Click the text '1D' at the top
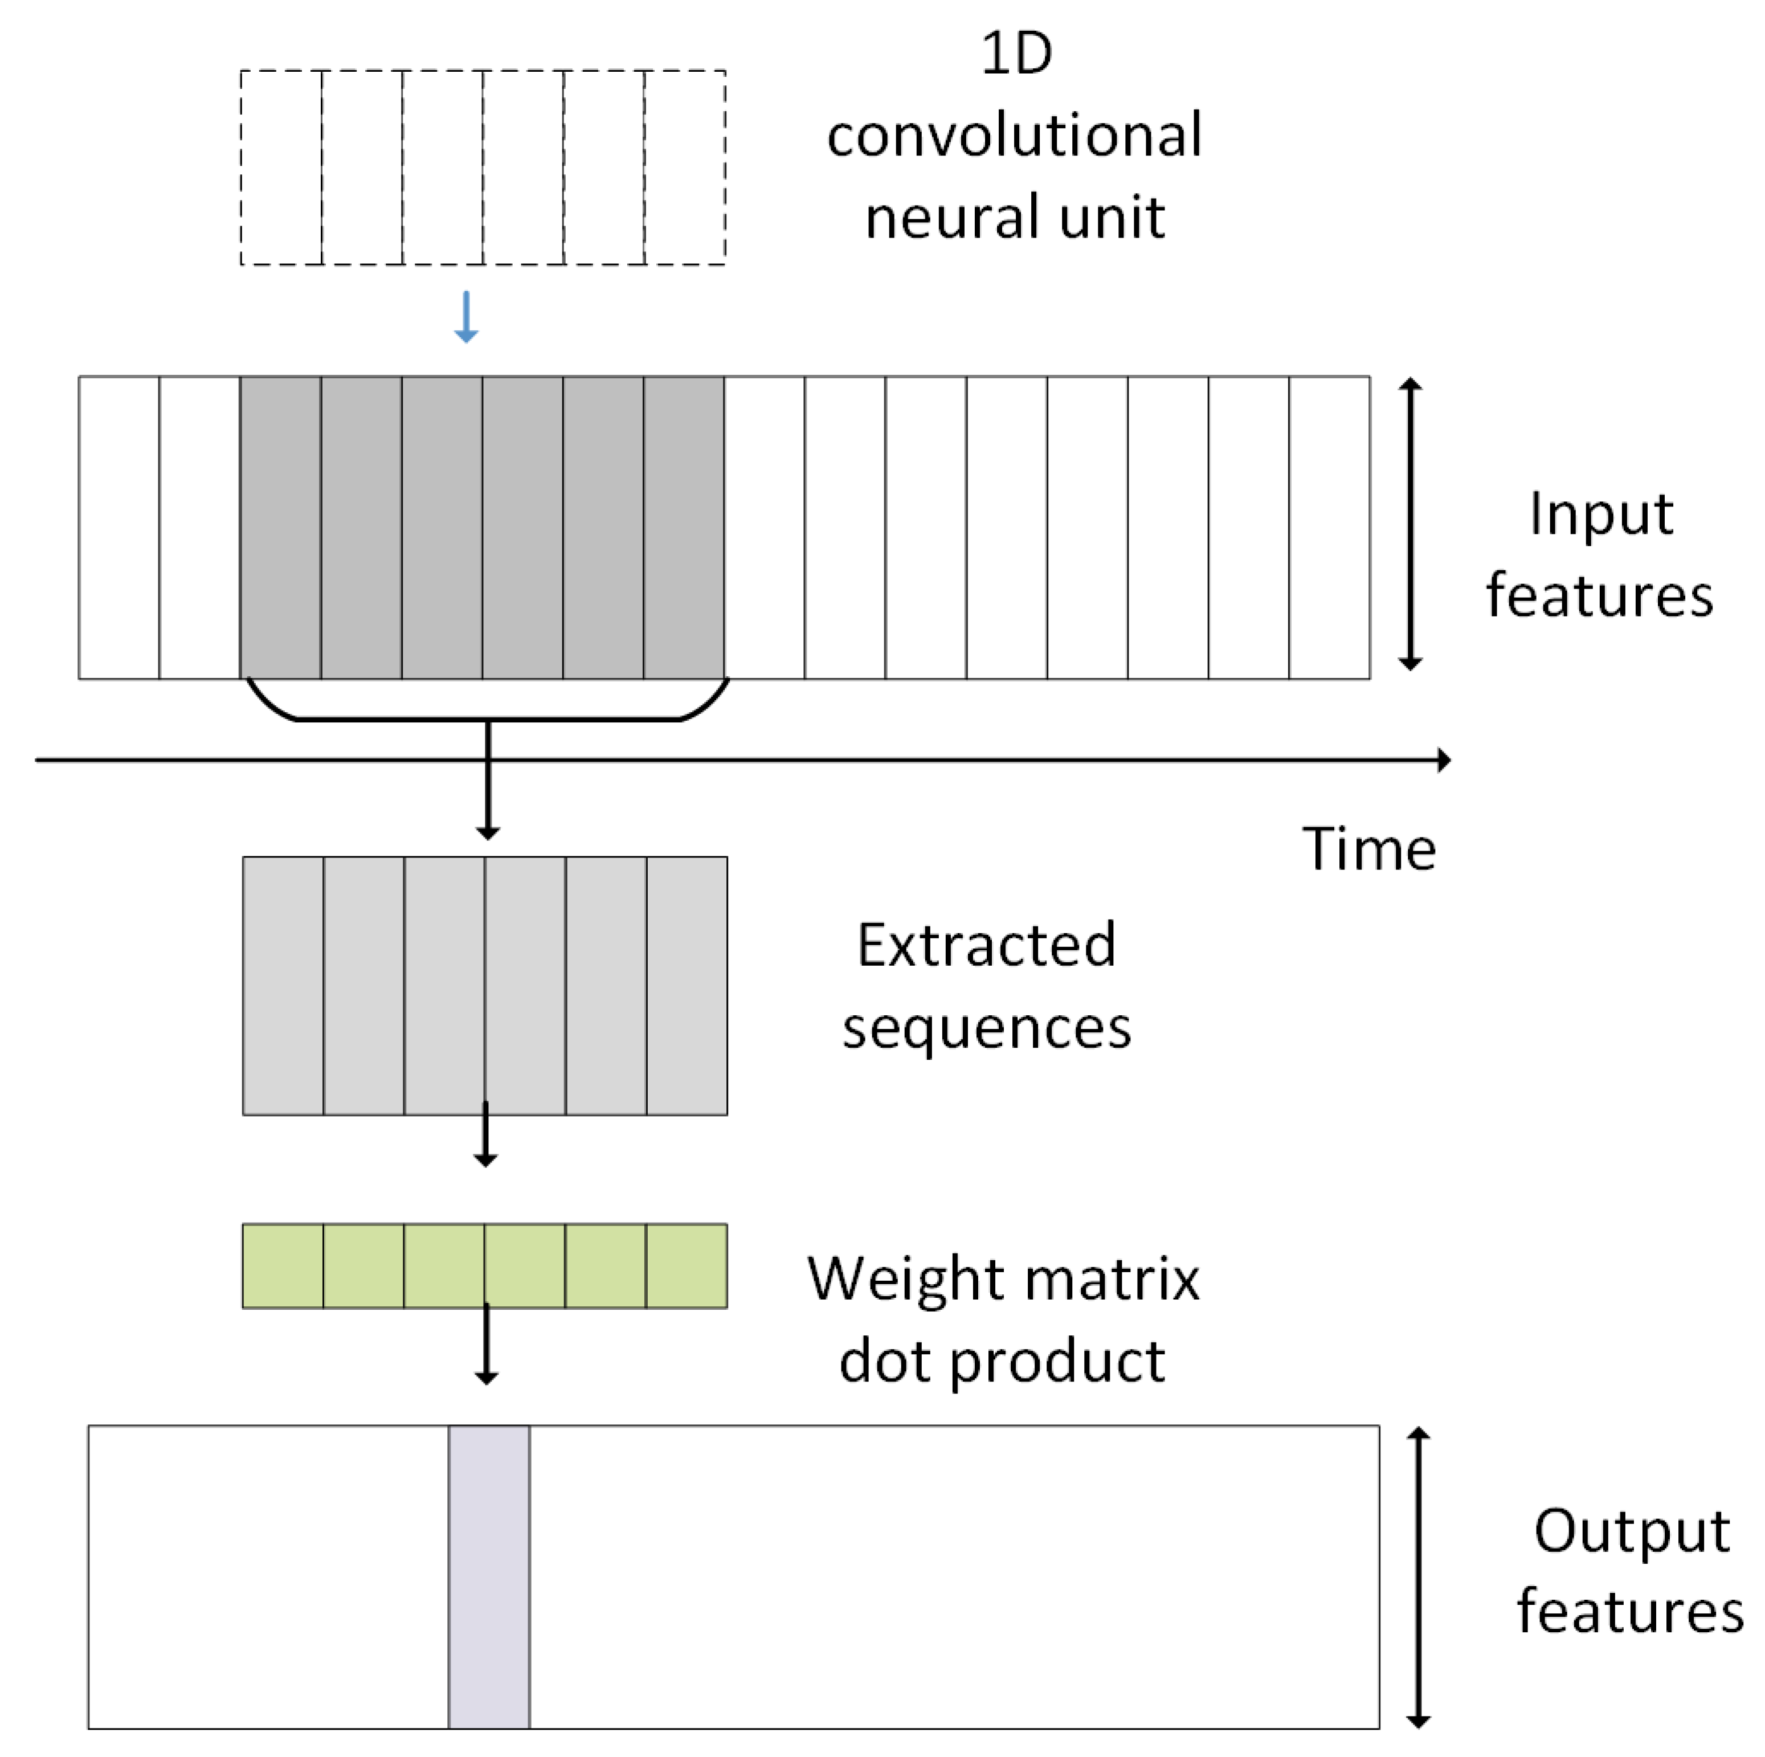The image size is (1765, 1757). click(x=1015, y=55)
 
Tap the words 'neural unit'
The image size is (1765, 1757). click(x=1014, y=218)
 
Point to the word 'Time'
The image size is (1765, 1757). click(x=1367, y=849)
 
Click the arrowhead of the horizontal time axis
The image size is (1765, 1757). click(x=1444, y=760)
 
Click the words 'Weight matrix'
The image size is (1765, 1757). click(x=1002, y=1278)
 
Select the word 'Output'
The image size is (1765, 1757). click(x=1631, y=1530)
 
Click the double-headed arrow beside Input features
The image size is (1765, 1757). click(x=1411, y=525)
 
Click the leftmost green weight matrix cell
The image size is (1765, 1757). click(x=282, y=1265)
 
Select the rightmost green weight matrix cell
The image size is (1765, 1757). click(x=686, y=1265)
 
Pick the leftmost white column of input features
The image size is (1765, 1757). click(x=119, y=527)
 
